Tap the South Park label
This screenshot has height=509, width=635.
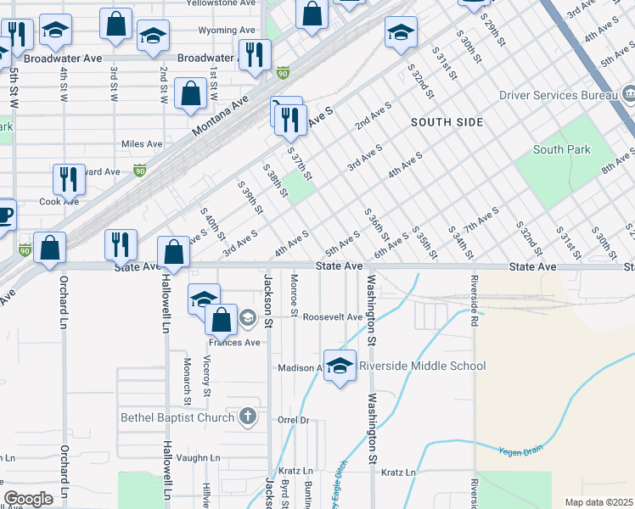click(561, 150)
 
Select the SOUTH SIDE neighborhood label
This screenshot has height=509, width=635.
click(447, 122)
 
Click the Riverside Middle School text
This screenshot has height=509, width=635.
click(422, 366)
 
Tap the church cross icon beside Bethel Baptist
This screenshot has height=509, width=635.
click(247, 416)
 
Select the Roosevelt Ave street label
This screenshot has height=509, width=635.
click(333, 317)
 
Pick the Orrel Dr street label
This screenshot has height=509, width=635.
click(295, 420)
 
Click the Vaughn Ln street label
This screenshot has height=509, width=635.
click(200, 458)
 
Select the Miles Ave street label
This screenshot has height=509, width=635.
click(142, 144)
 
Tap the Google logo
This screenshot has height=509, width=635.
click(29, 499)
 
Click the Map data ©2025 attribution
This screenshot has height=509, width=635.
click(598, 502)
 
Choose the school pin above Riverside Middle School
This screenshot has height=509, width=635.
click(340, 366)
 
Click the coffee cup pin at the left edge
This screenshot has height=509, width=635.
click(5, 215)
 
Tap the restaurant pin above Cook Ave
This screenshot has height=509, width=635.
click(68, 179)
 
